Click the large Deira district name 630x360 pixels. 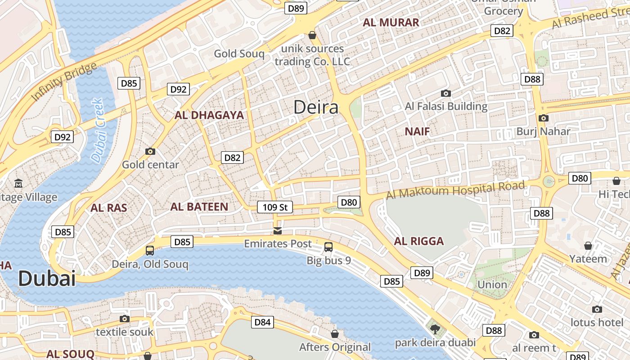[x=316, y=108]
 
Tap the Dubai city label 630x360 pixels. [x=47, y=279]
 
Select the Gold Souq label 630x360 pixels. [x=239, y=54]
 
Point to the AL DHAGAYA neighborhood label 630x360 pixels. [x=209, y=115]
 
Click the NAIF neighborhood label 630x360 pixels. [x=417, y=131]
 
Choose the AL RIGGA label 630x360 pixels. [x=419, y=241]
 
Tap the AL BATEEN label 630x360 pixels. [x=199, y=207]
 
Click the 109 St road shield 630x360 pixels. [x=275, y=207]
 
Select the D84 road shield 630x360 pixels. [x=262, y=322]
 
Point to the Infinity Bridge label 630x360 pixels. [x=64, y=82]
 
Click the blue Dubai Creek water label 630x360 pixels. [x=97, y=130]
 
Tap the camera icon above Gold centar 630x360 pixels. [x=150, y=151]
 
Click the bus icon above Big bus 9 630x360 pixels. [x=328, y=247]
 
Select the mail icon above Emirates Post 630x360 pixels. [x=278, y=231]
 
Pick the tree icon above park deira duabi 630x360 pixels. [x=435, y=329]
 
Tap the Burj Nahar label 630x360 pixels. [x=543, y=131]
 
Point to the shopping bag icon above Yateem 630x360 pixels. [x=588, y=246]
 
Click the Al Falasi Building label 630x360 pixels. [x=446, y=107]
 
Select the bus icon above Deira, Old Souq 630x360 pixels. [x=150, y=250]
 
